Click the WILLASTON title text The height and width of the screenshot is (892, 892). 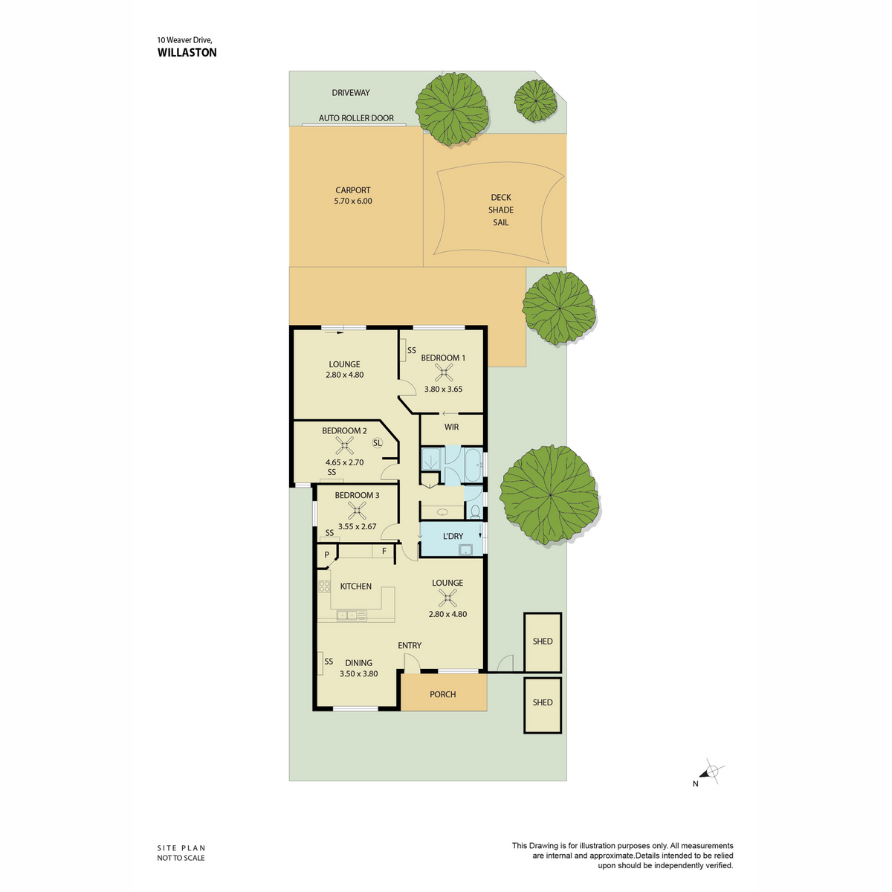click(x=187, y=52)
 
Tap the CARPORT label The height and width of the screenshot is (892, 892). click(x=353, y=190)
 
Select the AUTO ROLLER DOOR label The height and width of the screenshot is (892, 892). click(x=356, y=118)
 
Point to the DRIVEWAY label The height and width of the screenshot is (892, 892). click(x=350, y=93)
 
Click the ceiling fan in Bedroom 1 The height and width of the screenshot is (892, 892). click(x=444, y=372)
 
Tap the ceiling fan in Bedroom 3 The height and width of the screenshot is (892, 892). click(x=357, y=511)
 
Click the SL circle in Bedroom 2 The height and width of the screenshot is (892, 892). click(x=378, y=442)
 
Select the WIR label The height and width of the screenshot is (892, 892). click(x=451, y=427)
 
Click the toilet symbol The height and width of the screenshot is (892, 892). click(x=474, y=511)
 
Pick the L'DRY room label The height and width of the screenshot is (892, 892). click(x=453, y=536)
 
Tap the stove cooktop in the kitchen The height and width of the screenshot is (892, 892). click(x=324, y=586)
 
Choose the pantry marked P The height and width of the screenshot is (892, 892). click(x=326, y=555)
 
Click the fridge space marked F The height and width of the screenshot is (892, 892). click(x=384, y=552)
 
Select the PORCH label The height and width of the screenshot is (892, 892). click(x=442, y=694)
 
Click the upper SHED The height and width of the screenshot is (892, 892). click(x=543, y=642)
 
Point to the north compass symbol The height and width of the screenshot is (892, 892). click(x=711, y=772)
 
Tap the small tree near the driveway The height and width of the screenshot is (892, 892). click(x=535, y=100)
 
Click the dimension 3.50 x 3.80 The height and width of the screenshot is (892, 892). click(x=358, y=673)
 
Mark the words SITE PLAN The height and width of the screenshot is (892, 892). click(x=181, y=847)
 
